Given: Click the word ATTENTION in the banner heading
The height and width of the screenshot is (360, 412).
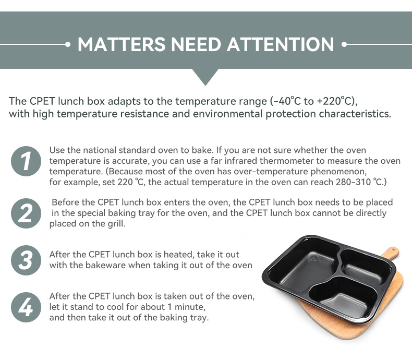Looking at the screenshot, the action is pyautogui.click(x=281, y=44).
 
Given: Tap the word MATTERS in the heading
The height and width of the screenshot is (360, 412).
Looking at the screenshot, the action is pyautogui.click(x=122, y=44).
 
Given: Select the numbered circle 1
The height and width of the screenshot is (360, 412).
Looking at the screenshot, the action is pyautogui.click(x=26, y=161).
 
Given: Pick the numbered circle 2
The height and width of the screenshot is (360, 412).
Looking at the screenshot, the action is pyautogui.click(x=26, y=213).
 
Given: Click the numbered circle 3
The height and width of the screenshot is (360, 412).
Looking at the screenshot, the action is pyautogui.click(x=26, y=260).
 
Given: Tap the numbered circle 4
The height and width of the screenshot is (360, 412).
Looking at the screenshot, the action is pyautogui.click(x=26, y=307).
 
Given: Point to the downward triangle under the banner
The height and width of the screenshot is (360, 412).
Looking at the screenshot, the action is pyautogui.click(x=205, y=77).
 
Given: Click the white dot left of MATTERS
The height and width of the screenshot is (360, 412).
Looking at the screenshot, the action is pyautogui.click(x=68, y=44).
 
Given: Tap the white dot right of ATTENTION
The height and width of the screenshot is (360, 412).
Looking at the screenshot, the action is pyautogui.click(x=344, y=44).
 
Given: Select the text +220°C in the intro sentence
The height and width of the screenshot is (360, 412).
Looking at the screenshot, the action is pyautogui.click(x=335, y=101).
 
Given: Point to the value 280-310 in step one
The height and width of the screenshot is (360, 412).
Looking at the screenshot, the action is pyautogui.click(x=353, y=182).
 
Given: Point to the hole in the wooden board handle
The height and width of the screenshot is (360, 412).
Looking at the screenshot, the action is pyautogui.click(x=393, y=249).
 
